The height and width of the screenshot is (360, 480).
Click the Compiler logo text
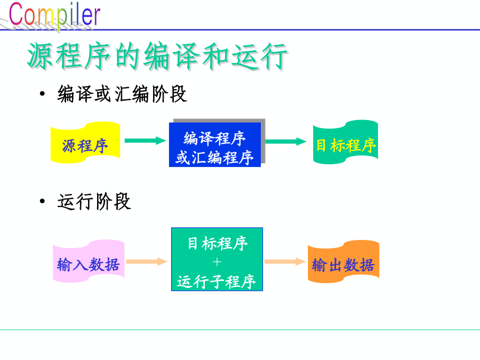[x=54, y=14]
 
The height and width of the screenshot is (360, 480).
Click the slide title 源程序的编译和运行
[x=157, y=56]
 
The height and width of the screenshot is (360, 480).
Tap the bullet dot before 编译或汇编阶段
[x=42, y=93]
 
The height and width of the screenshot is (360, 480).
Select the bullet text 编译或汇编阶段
[x=122, y=94]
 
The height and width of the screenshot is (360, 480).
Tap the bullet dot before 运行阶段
[x=42, y=201]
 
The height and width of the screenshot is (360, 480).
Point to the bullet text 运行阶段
[x=94, y=202]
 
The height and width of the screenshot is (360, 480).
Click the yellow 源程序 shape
[x=85, y=142]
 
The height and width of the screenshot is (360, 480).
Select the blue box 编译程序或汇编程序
[x=215, y=145]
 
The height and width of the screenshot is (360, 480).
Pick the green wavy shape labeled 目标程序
[x=345, y=142]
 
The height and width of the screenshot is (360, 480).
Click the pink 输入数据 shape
[x=89, y=261]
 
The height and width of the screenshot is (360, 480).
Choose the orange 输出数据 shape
[x=343, y=261]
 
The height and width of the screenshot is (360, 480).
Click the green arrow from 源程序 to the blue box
[x=145, y=141]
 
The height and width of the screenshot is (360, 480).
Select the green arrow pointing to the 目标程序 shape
[x=286, y=141]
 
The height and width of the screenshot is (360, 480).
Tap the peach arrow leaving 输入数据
[x=147, y=261]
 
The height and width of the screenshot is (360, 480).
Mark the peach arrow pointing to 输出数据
[x=285, y=261]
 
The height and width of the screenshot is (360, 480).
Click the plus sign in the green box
[x=217, y=262]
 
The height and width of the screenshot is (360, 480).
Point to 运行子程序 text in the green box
[x=216, y=281]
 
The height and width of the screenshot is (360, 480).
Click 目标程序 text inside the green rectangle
[x=218, y=243]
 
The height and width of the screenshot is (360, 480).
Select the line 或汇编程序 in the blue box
[x=214, y=158]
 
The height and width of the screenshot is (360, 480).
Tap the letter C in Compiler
[x=15, y=14]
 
